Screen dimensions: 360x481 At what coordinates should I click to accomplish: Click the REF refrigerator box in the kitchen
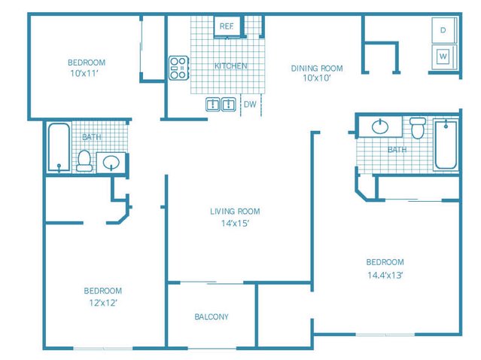[x=226, y=26]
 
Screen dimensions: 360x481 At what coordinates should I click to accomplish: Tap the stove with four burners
[x=178, y=68]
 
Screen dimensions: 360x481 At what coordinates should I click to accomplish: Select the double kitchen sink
[x=221, y=105]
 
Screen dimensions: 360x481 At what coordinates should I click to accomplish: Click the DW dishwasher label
[x=249, y=105]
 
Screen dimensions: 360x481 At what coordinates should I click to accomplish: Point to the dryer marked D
[x=443, y=31]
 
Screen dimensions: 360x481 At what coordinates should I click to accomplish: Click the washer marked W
[x=443, y=55]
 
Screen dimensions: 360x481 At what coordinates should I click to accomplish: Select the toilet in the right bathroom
[x=418, y=128]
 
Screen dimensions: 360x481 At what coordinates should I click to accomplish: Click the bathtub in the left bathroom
[x=59, y=148]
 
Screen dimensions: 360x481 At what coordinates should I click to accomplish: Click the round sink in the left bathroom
[x=112, y=163]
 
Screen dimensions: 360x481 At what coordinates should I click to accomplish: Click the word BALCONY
[x=211, y=317]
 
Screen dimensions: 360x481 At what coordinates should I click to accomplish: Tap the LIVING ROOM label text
[x=235, y=212]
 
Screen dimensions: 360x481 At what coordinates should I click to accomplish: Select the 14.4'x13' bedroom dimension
[x=385, y=275]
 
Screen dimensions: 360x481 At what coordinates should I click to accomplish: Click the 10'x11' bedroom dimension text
[x=86, y=74]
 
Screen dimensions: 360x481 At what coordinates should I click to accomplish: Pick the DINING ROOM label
[x=316, y=68]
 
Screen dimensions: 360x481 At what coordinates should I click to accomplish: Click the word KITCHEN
[x=230, y=66]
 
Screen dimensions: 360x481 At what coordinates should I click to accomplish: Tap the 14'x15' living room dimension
[x=235, y=224]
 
